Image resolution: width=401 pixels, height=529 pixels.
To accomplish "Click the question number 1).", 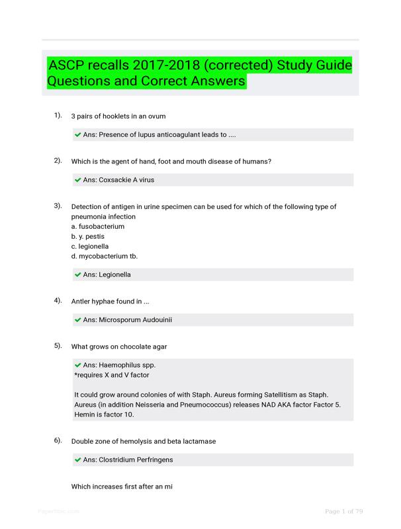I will pyautogui.click(x=58, y=116).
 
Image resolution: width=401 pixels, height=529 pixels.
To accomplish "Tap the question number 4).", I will pyautogui.click(x=58, y=300).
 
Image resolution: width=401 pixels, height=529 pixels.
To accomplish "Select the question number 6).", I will pyautogui.click(x=58, y=440).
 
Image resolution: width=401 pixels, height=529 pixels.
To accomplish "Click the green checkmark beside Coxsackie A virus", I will pyautogui.click(x=78, y=180).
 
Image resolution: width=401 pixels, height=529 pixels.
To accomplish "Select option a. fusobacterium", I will pyautogui.click(x=97, y=226).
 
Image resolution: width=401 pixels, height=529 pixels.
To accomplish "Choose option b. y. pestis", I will pyautogui.click(x=88, y=236).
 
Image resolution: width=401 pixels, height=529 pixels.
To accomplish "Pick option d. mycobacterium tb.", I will pyautogui.click(x=104, y=256).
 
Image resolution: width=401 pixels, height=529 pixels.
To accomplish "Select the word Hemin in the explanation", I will pyautogui.click(x=85, y=414).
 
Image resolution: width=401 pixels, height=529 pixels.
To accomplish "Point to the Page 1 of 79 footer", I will pyautogui.click(x=344, y=511).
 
